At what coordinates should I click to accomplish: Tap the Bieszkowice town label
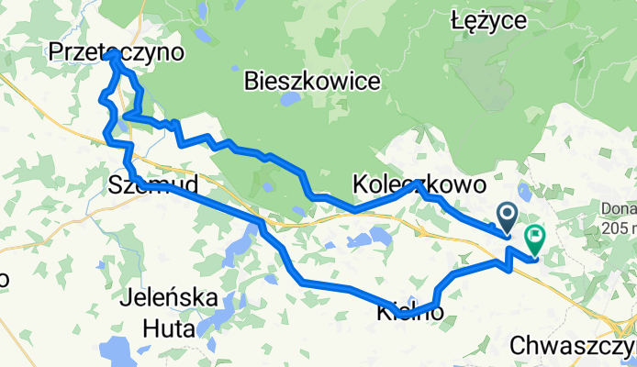click(x=312, y=83)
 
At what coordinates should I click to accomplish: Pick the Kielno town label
click(x=410, y=314)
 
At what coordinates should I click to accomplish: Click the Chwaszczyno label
click(x=572, y=347)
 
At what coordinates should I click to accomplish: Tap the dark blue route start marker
click(x=507, y=216)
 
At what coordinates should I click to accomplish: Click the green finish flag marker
click(x=534, y=239)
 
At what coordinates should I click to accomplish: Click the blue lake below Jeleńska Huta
click(x=117, y=350)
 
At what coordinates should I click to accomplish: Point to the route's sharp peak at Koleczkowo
click(x=418, y=183)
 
